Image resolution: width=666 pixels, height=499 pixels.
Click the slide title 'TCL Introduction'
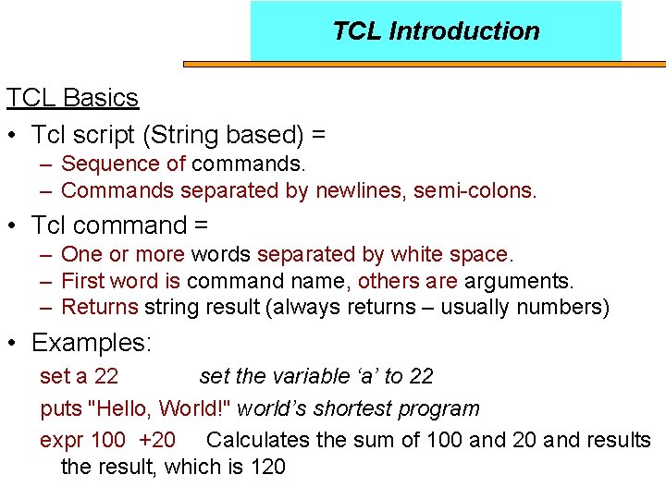click(x=436, y=31)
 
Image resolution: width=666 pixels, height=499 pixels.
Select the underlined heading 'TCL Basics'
click(x=72, y=97)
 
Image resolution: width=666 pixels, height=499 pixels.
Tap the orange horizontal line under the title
click(x=425, y=65)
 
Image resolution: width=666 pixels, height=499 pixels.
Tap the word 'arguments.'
click(x=519, y=281)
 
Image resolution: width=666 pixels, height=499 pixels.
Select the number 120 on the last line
click(x=267, y=467)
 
